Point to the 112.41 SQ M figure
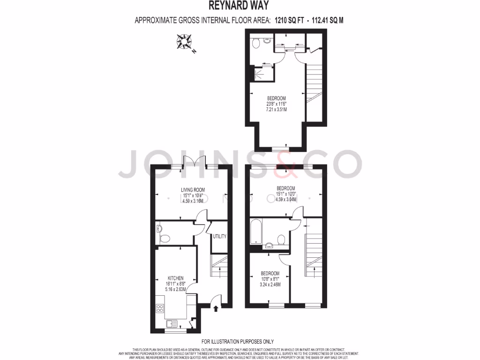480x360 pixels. [x=332, y=20]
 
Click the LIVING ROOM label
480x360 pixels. [x=193, y=190]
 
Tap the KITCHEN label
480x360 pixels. [x=176, y=278]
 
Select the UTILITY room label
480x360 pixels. [x=219, y=237]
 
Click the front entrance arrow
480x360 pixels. [x=216, y=308]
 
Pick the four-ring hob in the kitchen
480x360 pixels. [x=160, y=308]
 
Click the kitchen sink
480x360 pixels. [x=171, y=323]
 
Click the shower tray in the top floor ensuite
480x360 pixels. [x=259, y=73]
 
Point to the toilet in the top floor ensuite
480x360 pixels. [x=255, y=44]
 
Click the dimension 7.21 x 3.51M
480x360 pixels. [x=277, y=109]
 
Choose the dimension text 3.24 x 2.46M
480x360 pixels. [x=270, y=284]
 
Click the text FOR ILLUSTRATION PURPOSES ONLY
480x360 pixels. [x=238, y=342]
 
